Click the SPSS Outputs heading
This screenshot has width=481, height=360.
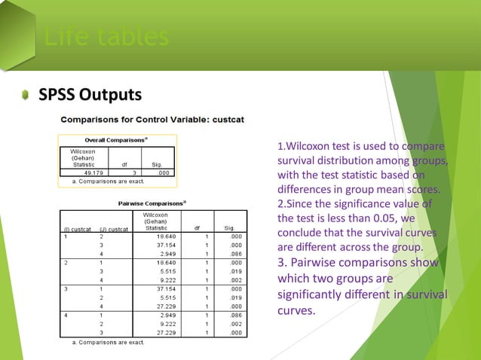[x=90, y=95]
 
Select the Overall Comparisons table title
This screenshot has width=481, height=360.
[x=116, y=139]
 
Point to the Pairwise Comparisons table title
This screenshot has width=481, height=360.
[x=153, y=203]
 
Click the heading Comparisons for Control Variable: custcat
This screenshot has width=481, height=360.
[x=152, y=119]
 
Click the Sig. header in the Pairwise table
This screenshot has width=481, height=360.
[x=229, y=228]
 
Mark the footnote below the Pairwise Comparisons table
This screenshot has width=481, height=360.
[x=108, y=343]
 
